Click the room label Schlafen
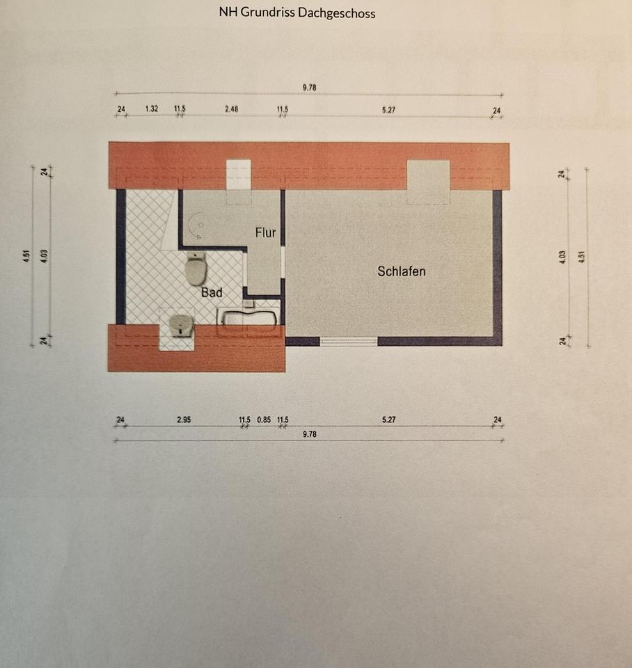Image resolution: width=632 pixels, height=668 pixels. (401, 271)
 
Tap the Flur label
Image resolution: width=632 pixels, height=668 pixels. (265, 232)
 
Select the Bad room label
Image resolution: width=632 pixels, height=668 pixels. (212, 293)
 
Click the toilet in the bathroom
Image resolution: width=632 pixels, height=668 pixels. (196, 268)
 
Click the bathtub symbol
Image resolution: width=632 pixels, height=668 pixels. (248, 319)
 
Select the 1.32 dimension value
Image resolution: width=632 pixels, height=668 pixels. (152, 109)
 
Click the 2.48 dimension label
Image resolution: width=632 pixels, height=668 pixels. (231, 109)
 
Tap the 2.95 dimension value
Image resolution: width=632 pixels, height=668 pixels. (184, 420)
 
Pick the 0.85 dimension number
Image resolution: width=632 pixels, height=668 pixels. (264, 420)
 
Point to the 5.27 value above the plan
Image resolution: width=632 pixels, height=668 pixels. (388, 109)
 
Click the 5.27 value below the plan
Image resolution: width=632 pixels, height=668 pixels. (388, 420)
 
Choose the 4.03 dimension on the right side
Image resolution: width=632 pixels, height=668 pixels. (562, 255)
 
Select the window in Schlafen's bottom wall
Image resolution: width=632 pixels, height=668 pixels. (348, 341)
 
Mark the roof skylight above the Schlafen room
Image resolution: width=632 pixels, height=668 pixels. (428, 181)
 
